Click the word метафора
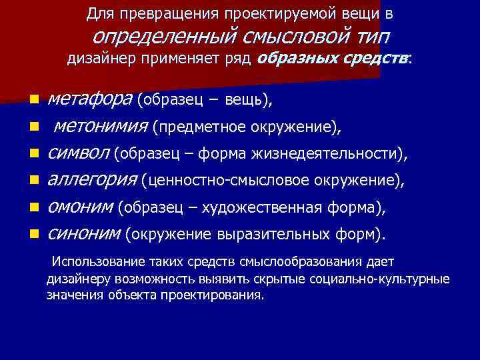tap(90, 100)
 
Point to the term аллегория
tap(91, 179)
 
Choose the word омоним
tap(80, 207)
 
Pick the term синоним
tap(83, 234)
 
